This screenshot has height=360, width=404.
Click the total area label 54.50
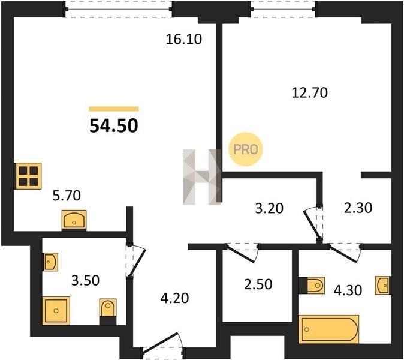click(x=114, y=127)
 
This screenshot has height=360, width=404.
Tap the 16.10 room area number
click(x=183, y=40)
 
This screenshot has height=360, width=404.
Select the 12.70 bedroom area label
click(x=310, y=93)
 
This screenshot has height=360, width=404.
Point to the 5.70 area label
click(x=67, y=196)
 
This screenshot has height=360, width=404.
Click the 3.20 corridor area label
click(x=269, y=208)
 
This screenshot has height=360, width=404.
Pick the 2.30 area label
click(x=358, y=208)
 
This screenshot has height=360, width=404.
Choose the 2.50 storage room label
click(x=258, y=284)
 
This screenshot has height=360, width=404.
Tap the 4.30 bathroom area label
click(x=348, y=290)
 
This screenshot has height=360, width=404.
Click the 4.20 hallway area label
click(x=174, y=298)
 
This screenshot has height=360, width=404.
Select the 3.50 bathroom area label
click(x=85, y=281)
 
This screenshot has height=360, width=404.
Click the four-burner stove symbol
click(x=28, y=176)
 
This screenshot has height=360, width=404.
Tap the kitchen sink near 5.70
click(x=74, y=220)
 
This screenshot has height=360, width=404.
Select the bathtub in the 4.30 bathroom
click(x=328, y=329)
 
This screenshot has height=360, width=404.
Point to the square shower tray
click(x=56, y=310)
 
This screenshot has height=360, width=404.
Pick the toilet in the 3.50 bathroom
click(x=108, y=311)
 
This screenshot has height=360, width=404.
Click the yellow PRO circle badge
click(x=246, y=149)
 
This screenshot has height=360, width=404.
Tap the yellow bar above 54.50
click(x=114, y=109)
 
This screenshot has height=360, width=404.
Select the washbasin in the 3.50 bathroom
click(x=50, y=262)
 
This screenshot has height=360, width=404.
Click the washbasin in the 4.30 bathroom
click(x=383, y=285)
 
